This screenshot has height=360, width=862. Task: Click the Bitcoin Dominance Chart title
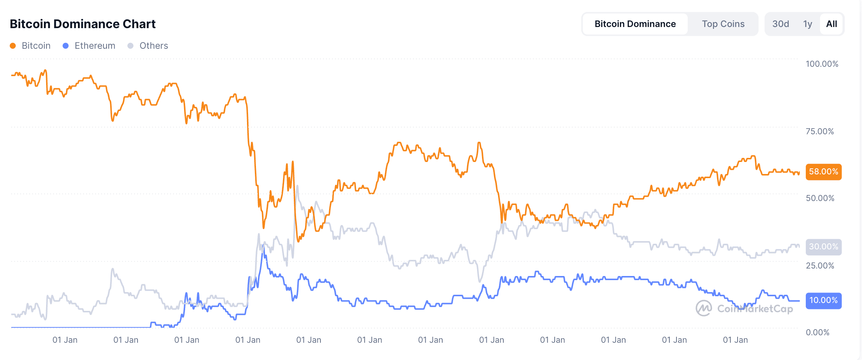tap(82, 24)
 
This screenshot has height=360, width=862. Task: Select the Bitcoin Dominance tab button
tap(635, 24)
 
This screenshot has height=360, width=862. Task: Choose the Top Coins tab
tap(723, 24)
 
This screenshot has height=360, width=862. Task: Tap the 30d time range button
tap(781, 24)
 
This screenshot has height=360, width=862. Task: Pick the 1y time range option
tap(808, 24)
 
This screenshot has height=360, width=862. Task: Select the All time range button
tap(832, 24)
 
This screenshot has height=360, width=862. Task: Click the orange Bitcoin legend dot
tap(13, 46)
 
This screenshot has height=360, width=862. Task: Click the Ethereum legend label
tap(95, 46)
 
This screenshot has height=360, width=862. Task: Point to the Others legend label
tap(154, 46)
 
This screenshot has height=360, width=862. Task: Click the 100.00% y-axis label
tap(822, 64)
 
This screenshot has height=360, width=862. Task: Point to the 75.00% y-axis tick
tap(820, 131)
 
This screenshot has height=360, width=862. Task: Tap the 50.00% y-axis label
tap(820, 198)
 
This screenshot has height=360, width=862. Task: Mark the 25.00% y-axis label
tap(820, 265)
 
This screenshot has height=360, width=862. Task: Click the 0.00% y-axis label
tap(817, 332)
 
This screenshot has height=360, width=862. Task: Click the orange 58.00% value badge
tap(823, 172)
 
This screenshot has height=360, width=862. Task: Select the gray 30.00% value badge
tap(823, 247)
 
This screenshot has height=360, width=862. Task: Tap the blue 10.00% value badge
tap(823, 300)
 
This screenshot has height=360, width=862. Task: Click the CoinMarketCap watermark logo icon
tap(703, 308)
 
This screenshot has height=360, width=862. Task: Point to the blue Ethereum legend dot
tap(66, 46)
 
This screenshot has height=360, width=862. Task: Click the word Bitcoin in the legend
tap(36, 46)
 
